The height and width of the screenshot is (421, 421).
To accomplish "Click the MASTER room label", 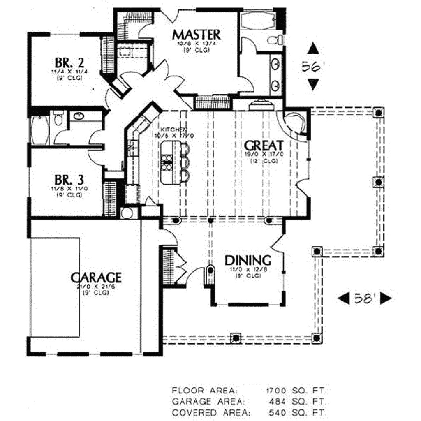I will click(196, 35).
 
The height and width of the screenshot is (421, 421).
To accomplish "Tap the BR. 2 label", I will click(69, 63).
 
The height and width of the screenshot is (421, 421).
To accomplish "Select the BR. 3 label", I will click(69, 180).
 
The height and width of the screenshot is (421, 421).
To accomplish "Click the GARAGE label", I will click(96, 278).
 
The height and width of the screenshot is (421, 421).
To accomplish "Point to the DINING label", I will click(248, 260).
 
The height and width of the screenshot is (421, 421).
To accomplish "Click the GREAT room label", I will click(264, 146).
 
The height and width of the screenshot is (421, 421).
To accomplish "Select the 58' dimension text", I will click(364, 298).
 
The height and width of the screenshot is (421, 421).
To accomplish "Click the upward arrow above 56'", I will click(313, 49).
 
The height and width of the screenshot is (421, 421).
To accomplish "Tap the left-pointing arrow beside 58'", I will click(343, 298).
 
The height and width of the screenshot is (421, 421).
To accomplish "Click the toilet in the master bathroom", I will click(274, 40).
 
